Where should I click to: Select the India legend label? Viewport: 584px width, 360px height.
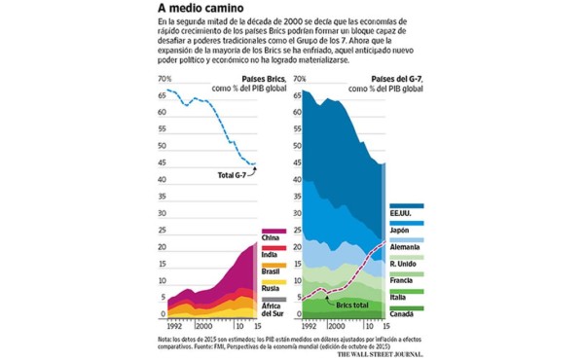tap(271, 255)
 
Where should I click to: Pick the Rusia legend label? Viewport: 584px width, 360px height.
tap(272, 289)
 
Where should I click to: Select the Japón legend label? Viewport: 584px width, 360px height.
tap(401, 230)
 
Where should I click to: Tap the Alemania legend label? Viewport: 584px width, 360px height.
tap(404, 247)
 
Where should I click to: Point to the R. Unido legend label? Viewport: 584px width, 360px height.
tap(405, 264)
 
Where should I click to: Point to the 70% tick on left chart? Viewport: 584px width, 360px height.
tap(164, 78)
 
